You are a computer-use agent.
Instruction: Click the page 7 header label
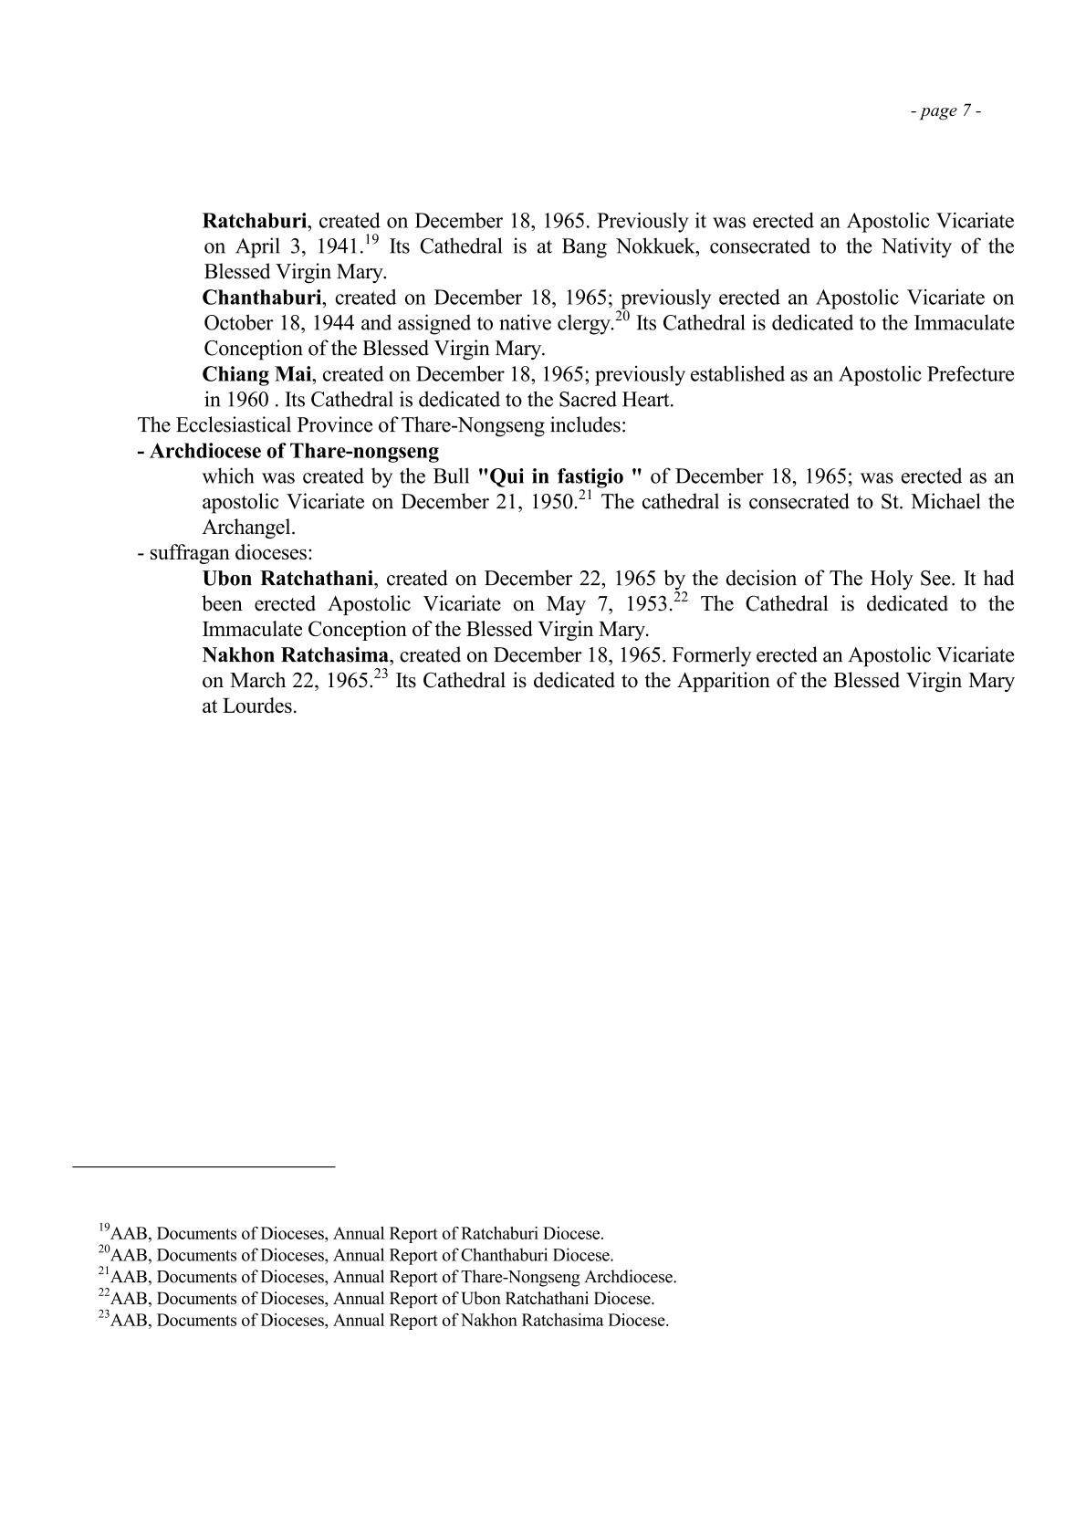[945, 111]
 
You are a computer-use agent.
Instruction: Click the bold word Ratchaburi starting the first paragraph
[255, 221]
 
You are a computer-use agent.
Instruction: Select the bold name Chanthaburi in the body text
[261, 298]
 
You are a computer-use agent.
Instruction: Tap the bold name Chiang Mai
[256, 374]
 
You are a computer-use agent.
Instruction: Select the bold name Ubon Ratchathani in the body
[287, 579]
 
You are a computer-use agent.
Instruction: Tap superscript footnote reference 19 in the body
[371, 240]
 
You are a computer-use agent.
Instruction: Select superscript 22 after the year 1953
[680, 598]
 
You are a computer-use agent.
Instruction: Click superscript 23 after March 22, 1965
[381, 674]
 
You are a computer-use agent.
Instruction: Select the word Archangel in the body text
[248, 528]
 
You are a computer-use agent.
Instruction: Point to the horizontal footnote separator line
[204, 1166]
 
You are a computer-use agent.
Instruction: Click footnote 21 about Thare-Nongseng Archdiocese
[387, 1277]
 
